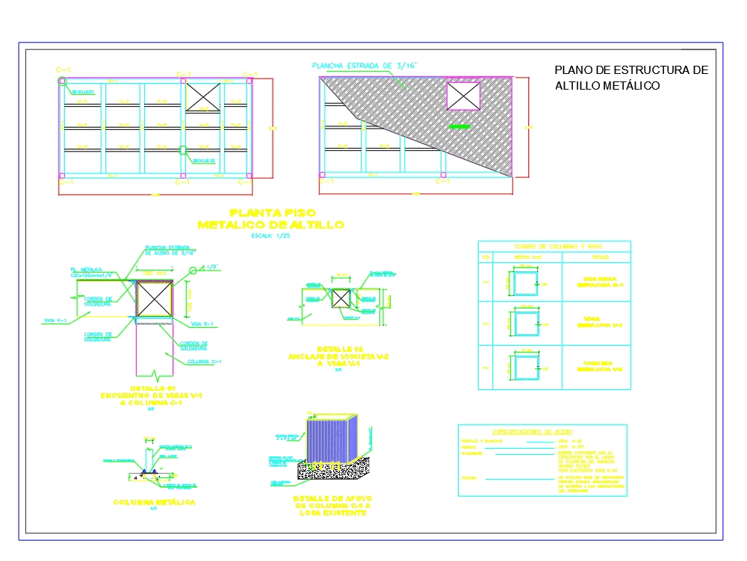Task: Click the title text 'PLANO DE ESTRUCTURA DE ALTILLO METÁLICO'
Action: (630, 78)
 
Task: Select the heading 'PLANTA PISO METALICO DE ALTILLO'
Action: (270, 219)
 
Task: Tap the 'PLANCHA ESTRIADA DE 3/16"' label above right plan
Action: (365, 66)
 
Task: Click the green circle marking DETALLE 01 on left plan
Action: (63, 81)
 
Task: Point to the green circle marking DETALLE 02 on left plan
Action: (183, 150)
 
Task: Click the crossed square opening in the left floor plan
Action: (203, 96)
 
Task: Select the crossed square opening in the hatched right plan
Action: (463, 96)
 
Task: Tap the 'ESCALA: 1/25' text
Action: (270, 236)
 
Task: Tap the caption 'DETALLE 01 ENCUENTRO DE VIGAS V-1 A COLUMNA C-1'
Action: (151, 397)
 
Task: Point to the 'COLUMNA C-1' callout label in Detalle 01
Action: (204, 362)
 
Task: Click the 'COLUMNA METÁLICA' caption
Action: (154, 503)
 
